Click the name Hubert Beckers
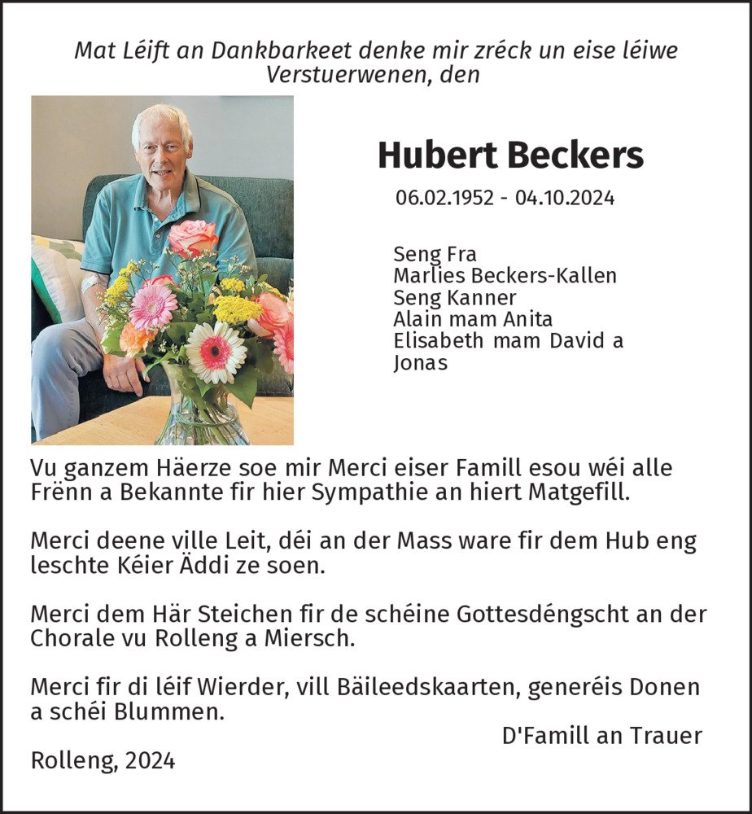[x=510, y=155]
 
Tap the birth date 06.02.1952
[x=444, y=198]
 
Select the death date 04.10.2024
[x=565, y=198]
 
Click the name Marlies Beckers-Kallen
[x=505, y=276]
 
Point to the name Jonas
[x=420, y=363]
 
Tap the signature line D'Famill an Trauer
[x=601, y=736]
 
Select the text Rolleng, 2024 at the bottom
[x=103, y=760]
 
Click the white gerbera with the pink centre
[x=216, y=352]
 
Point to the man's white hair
[x=162, y=119]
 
